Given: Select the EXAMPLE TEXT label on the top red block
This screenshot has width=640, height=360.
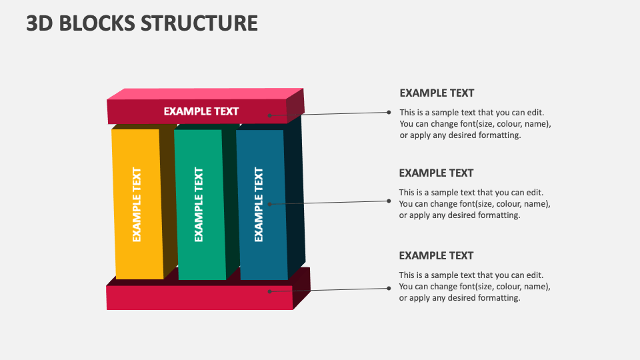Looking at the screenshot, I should tap(201, 111).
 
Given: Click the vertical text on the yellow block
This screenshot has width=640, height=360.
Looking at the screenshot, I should tap(137, 204).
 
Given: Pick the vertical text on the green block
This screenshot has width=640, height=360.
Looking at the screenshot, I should tap(199, 204).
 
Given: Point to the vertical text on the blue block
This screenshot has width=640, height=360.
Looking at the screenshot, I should tap(259, 204).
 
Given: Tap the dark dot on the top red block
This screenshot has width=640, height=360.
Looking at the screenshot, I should tap(270, 115).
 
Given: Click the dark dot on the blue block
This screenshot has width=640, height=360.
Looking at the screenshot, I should tap(269, 203).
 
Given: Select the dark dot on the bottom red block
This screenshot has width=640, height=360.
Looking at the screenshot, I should tap(269, 291).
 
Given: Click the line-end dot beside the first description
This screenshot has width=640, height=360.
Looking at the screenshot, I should tap(389, 112).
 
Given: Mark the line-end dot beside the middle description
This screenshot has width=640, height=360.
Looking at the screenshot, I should tap(389, 200).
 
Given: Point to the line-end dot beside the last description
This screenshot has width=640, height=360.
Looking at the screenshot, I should tap(389, 288).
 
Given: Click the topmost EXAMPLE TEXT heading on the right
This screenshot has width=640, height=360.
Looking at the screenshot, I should tap(437, 93).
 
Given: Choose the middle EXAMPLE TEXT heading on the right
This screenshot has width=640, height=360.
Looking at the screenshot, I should tap(436, 173).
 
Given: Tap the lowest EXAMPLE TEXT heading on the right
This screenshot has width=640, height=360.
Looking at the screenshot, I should tap(436, 255).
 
